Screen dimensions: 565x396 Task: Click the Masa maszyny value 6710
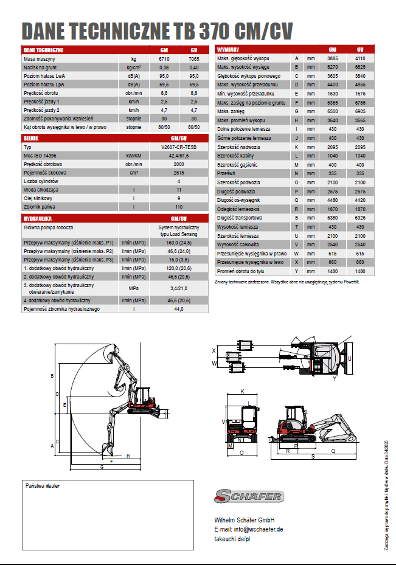[164, 59]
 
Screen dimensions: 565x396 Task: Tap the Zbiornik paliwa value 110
[178, 207]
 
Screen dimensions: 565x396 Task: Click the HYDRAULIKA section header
[37, 217]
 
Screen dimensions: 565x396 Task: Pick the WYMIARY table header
[228, 49]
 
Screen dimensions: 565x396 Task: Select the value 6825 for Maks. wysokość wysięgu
[360, 67]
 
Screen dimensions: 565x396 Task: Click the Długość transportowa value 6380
[332, 218]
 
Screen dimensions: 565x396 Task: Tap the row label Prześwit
[226, 173]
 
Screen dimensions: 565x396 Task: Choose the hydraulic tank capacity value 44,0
[178, 310]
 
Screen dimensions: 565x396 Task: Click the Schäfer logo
[248, 496]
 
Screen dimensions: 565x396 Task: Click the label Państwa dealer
[43, 486]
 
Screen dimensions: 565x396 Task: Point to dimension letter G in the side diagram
[102, 467]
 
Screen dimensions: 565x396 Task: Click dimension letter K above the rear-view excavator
[242, 391]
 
